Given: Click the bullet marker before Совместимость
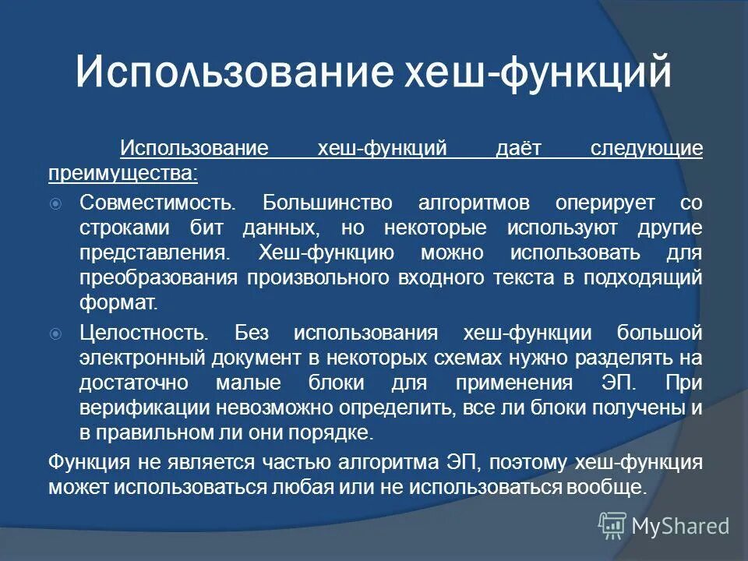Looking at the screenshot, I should pos(55,204).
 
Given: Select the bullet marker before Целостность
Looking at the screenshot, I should pos(55,333).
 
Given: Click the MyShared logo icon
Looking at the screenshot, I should pos(613,526).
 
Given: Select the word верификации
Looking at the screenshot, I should pos(142,407).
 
